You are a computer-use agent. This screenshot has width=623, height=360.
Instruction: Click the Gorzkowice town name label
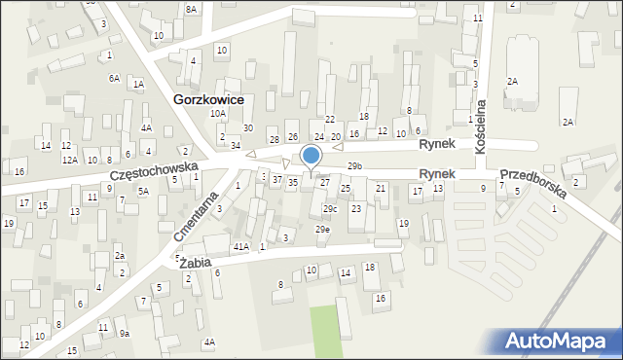pos(207,99)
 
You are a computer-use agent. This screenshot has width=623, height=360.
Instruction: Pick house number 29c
pos(330,208)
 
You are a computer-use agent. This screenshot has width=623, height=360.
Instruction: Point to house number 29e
pos(322,229)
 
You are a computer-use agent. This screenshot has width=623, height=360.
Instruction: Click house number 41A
pos(239,247)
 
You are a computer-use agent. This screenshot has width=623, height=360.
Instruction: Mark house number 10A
pos(218,113)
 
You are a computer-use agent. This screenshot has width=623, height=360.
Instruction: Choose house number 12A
pos(69,160)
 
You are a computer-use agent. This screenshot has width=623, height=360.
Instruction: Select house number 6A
pos(114,78)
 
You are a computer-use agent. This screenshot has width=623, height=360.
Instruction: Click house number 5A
pos(142,191)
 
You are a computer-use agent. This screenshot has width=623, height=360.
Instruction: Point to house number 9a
pos(124,333)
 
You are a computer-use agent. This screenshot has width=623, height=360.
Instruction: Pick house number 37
pos(277,180)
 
